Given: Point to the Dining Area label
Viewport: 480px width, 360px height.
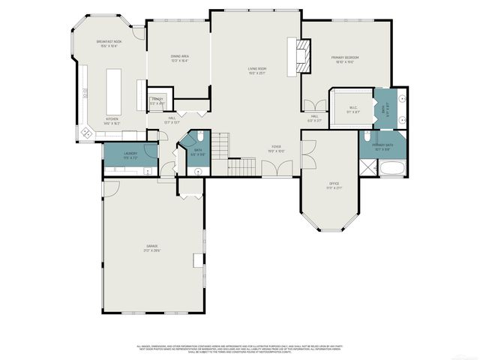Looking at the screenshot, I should [x=179, y=58].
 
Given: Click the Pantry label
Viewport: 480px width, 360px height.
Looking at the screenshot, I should [x=157, y=100].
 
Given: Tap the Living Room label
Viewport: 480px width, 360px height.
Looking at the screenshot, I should [x=258, y=72].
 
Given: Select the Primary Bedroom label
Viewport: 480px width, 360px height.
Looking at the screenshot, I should [x=345, y=59].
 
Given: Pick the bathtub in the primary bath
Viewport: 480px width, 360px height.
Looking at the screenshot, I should [x=391, y=170].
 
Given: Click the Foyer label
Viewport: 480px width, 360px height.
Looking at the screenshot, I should [x=277, y=150].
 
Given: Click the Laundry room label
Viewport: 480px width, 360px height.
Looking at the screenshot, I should [x=130, y=156].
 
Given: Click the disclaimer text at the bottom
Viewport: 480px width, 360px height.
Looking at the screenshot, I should [x=240, y=349].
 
